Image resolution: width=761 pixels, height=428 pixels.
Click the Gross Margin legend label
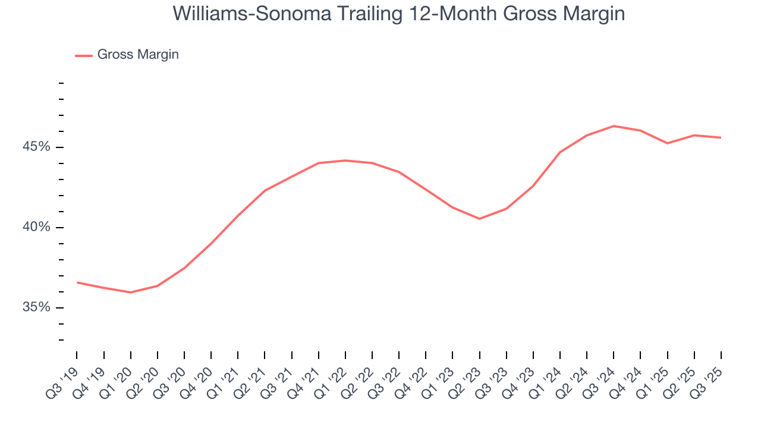tap(138, 55)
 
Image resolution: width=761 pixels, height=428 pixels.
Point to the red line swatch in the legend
tap(83, 55)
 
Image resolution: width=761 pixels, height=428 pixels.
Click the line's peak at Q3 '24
tap(614, 126)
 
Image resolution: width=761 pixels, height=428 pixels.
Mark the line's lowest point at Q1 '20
tap(130, 292)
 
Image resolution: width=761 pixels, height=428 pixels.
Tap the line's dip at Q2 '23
tap(479, 219)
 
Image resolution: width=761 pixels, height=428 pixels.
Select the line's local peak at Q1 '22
tap(345, 160)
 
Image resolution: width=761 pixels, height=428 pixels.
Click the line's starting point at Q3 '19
tap(77, 282)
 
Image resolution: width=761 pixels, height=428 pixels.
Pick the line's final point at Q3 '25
tap(721, 138)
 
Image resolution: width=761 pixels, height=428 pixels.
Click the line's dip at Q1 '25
tap(667, 143)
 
